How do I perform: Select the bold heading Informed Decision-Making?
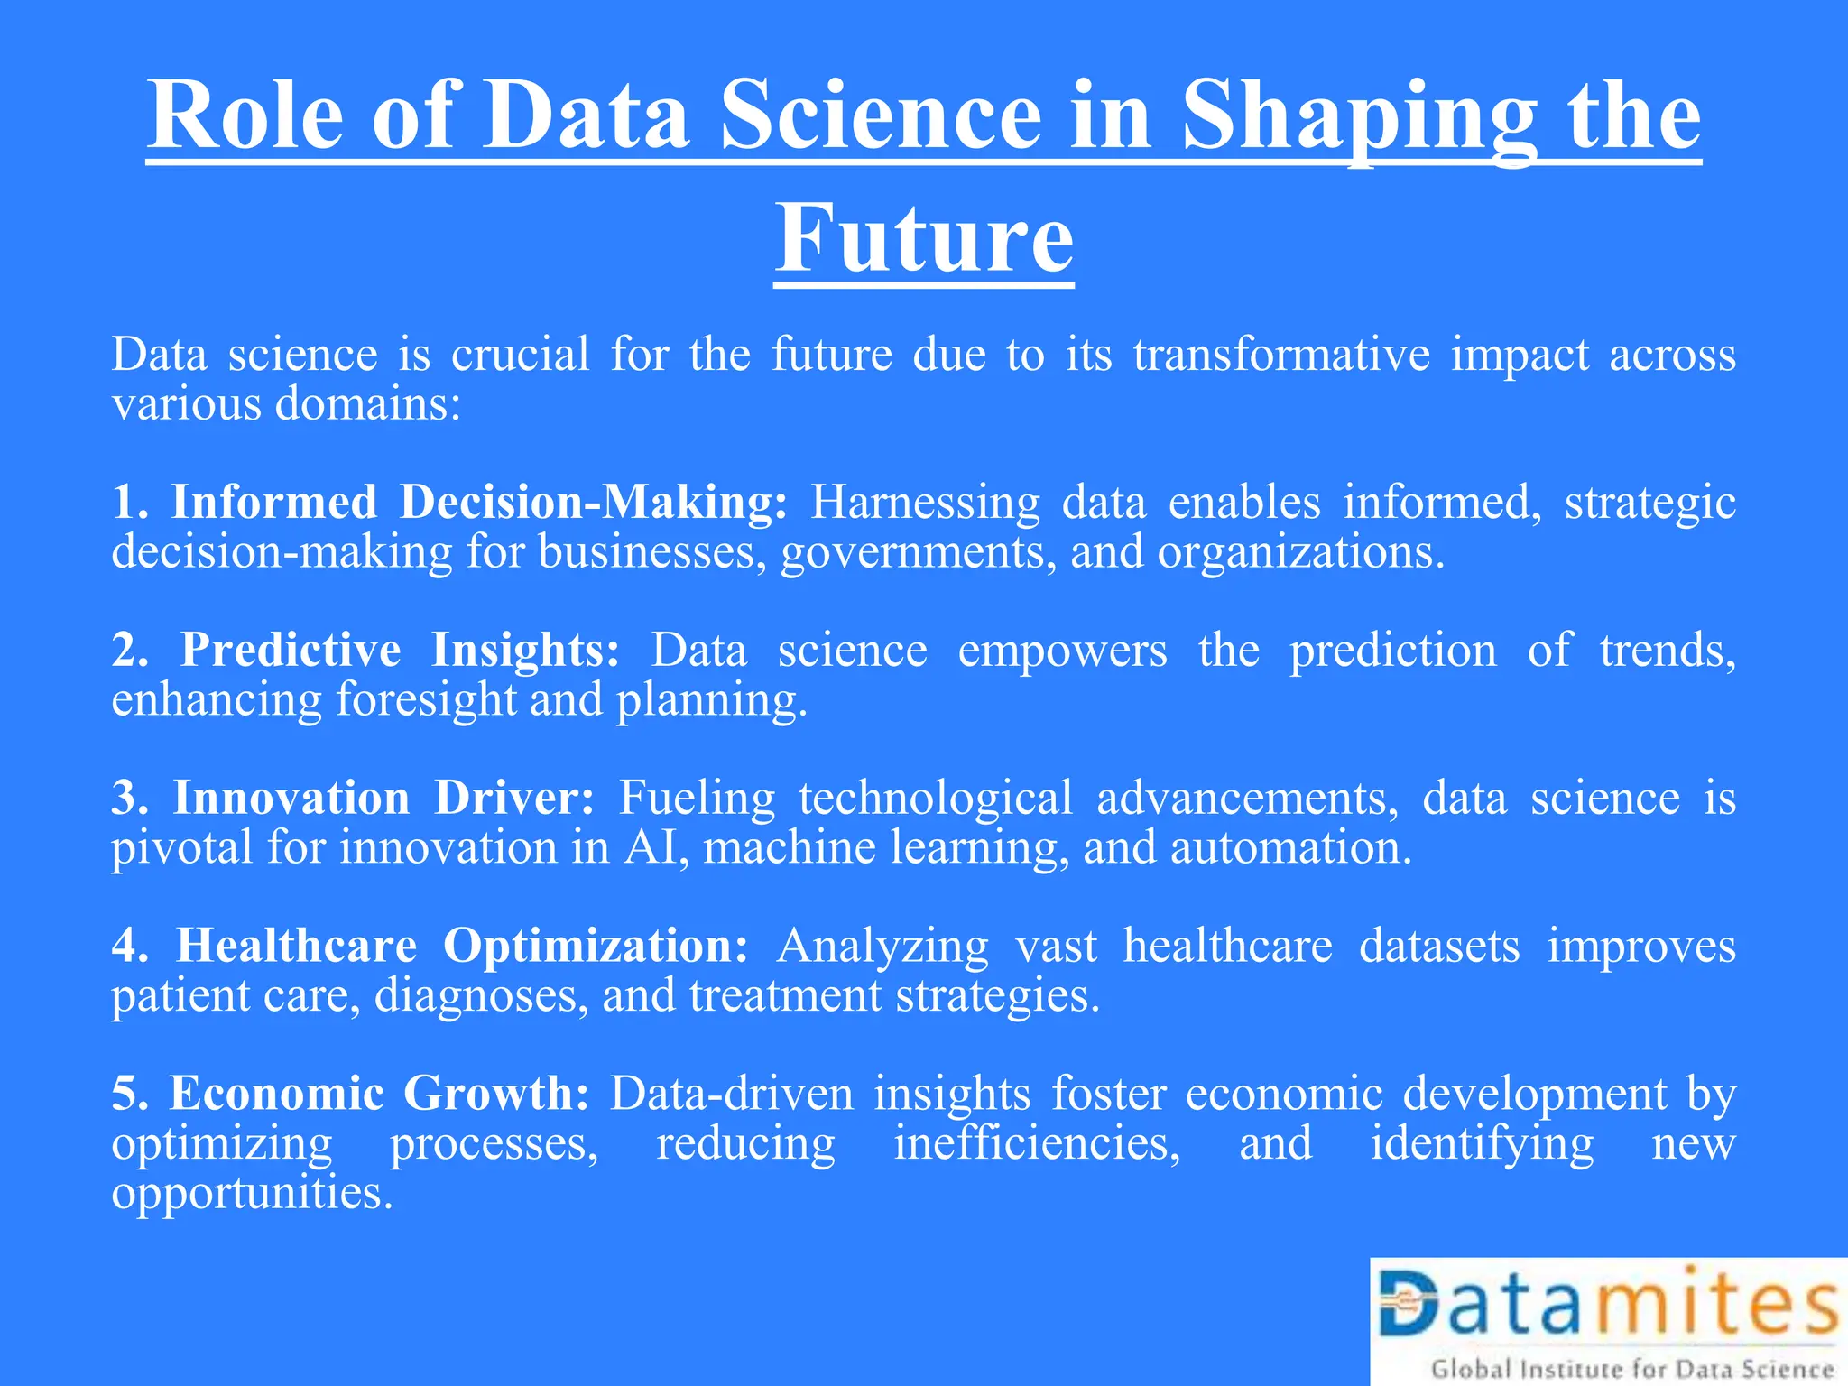point(479,502)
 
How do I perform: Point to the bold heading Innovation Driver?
point(383,798)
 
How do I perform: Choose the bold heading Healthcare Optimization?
point(461,946)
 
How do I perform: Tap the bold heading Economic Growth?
point(379,1094)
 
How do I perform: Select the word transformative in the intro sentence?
point(1281,354)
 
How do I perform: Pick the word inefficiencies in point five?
point(1036,1143)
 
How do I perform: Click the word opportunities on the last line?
point(252,1193)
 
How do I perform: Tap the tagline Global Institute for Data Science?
point(1631,1369)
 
